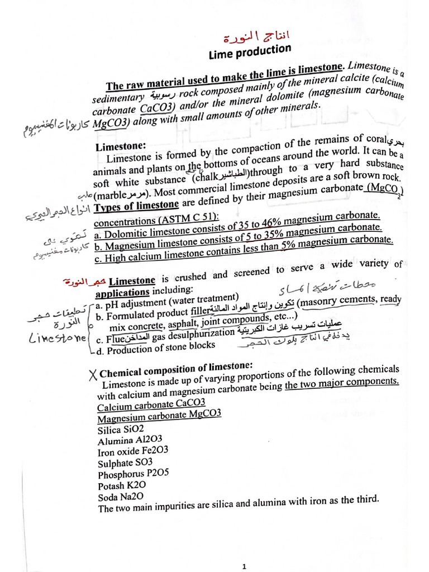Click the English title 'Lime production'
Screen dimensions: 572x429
pos(250,52)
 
